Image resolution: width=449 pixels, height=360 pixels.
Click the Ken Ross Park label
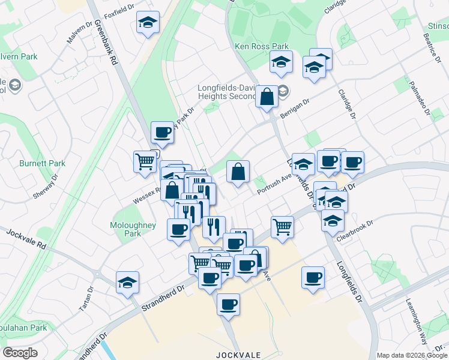(261, 46)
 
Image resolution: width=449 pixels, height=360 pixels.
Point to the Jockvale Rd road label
(26, 239)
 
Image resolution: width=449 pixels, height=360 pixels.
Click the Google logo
(20, 353)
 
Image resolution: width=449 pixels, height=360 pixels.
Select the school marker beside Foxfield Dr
(148, 23)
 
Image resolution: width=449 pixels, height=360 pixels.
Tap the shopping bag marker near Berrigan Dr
(267, 95)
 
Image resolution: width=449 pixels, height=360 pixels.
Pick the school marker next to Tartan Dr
(127, 281)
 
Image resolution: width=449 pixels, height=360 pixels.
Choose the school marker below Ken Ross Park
(281, 62)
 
